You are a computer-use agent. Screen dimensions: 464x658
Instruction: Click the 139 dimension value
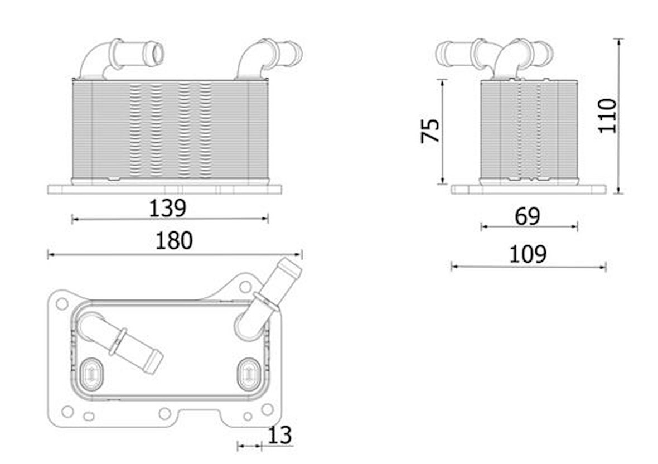pos(167,208)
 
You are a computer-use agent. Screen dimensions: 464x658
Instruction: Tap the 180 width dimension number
pos(174,240)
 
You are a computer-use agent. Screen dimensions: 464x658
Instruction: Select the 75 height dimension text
pos(430,130)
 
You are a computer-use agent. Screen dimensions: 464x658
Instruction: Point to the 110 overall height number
pos(607,115)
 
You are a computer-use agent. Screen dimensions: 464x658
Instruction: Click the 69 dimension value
pos(527,216)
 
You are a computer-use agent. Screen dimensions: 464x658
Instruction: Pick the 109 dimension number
pos(528,254)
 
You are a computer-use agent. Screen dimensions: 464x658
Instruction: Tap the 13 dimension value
pos(279,434)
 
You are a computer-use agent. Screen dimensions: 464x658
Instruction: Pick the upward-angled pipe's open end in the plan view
pos(291,267)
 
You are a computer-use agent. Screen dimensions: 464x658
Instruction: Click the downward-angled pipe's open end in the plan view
pos(154,361)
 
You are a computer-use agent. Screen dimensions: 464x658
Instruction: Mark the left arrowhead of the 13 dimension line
pos(240,446)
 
